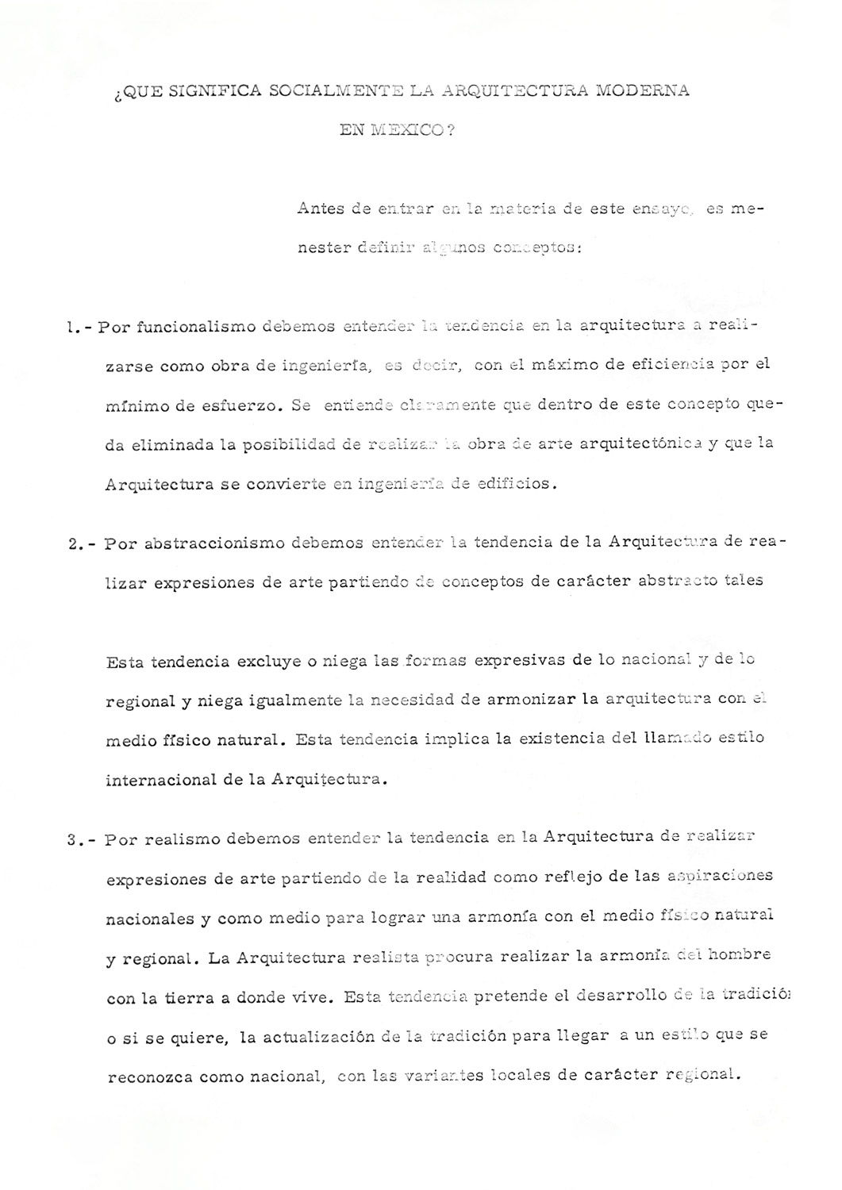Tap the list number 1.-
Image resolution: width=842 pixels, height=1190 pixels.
[80, 327]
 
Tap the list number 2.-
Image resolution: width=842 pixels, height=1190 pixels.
[83, 544]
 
